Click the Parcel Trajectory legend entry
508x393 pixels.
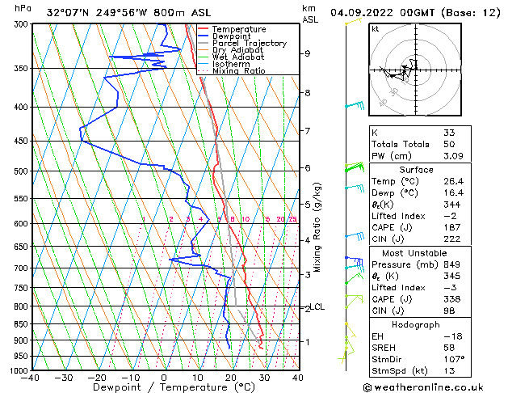[x=249, y=43]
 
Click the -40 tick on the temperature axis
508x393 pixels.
[x=31, y=377]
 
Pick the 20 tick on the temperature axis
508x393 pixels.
[x=231, y=377]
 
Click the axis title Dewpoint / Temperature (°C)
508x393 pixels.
[x=163, y=388]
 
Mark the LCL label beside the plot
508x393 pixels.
[x=318, y=307]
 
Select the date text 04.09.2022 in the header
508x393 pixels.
[x=369, y=12]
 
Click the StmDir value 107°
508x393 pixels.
[x=454, y=358]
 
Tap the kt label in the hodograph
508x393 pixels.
[x=375, y=29]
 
